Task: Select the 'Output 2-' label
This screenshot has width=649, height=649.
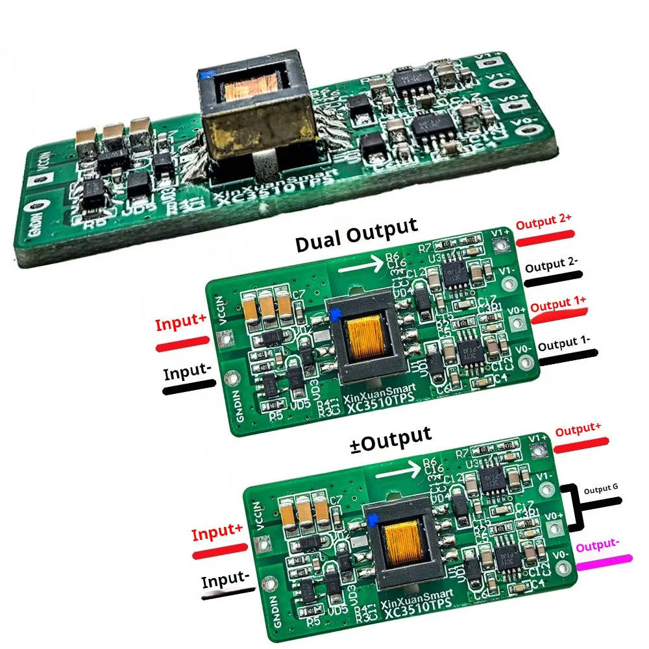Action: (552, 267)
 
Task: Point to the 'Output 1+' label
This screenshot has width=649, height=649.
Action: (558, 303)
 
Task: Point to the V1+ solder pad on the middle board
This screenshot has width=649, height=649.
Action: (500, 245)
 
